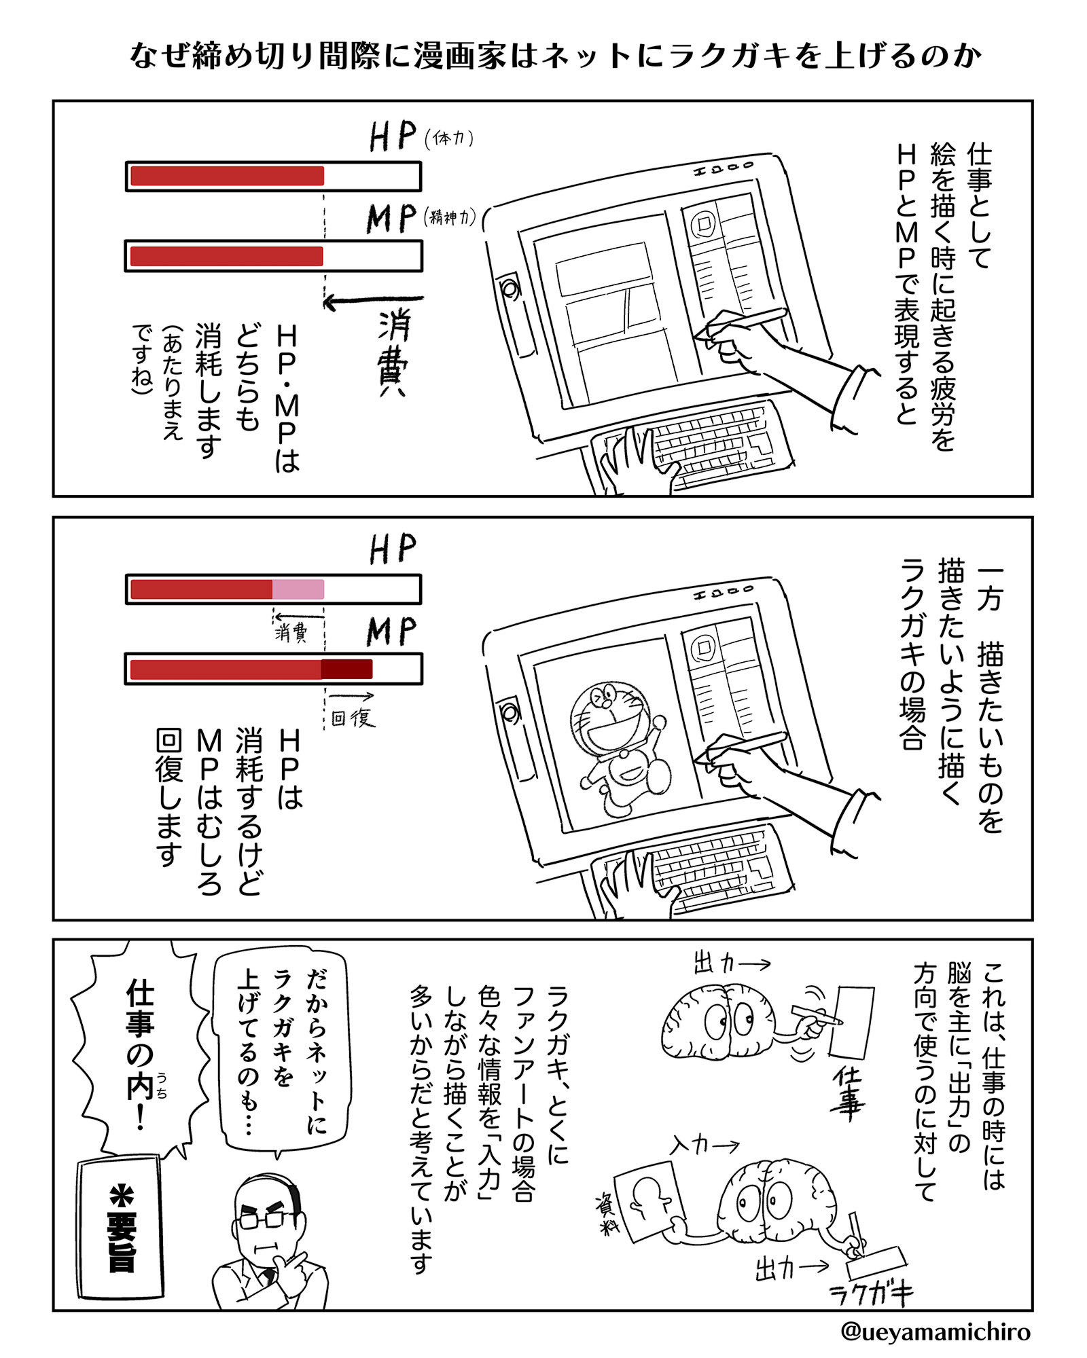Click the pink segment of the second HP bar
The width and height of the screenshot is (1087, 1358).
point(298,589)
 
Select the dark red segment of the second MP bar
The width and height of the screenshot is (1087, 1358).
point(346,669)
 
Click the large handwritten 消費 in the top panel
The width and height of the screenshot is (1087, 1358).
point(393,352)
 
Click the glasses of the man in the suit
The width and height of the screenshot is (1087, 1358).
point(261,1219)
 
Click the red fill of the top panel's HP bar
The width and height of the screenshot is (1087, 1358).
point(227,176)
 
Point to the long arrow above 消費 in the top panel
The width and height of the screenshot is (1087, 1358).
point(373,299)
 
